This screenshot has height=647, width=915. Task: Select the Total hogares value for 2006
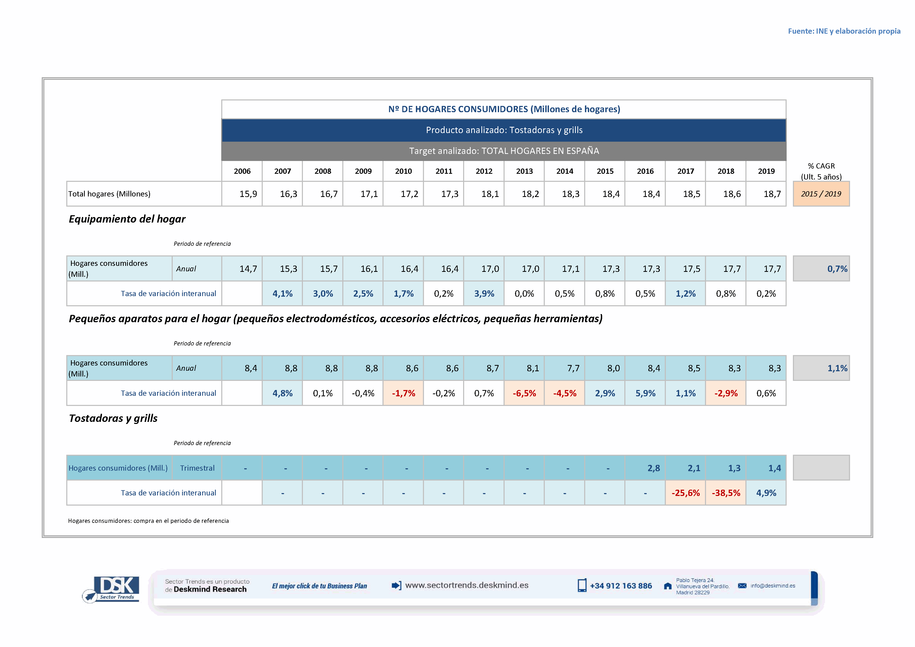(248, 194)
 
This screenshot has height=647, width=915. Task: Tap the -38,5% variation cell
(726, 493)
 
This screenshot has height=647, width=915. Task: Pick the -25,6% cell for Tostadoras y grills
(685, 493)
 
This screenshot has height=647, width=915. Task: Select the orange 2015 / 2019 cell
(821, 194)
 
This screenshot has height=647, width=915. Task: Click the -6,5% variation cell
(524, 393)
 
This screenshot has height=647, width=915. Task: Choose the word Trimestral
(197, 468)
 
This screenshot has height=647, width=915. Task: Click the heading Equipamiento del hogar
(127, 219)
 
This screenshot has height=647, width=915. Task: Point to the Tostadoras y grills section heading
(113, 418)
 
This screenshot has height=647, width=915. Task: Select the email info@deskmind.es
(772, 586)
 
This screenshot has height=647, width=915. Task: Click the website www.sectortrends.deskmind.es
(467, 585)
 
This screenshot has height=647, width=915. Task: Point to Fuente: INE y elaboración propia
(844, 31)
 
